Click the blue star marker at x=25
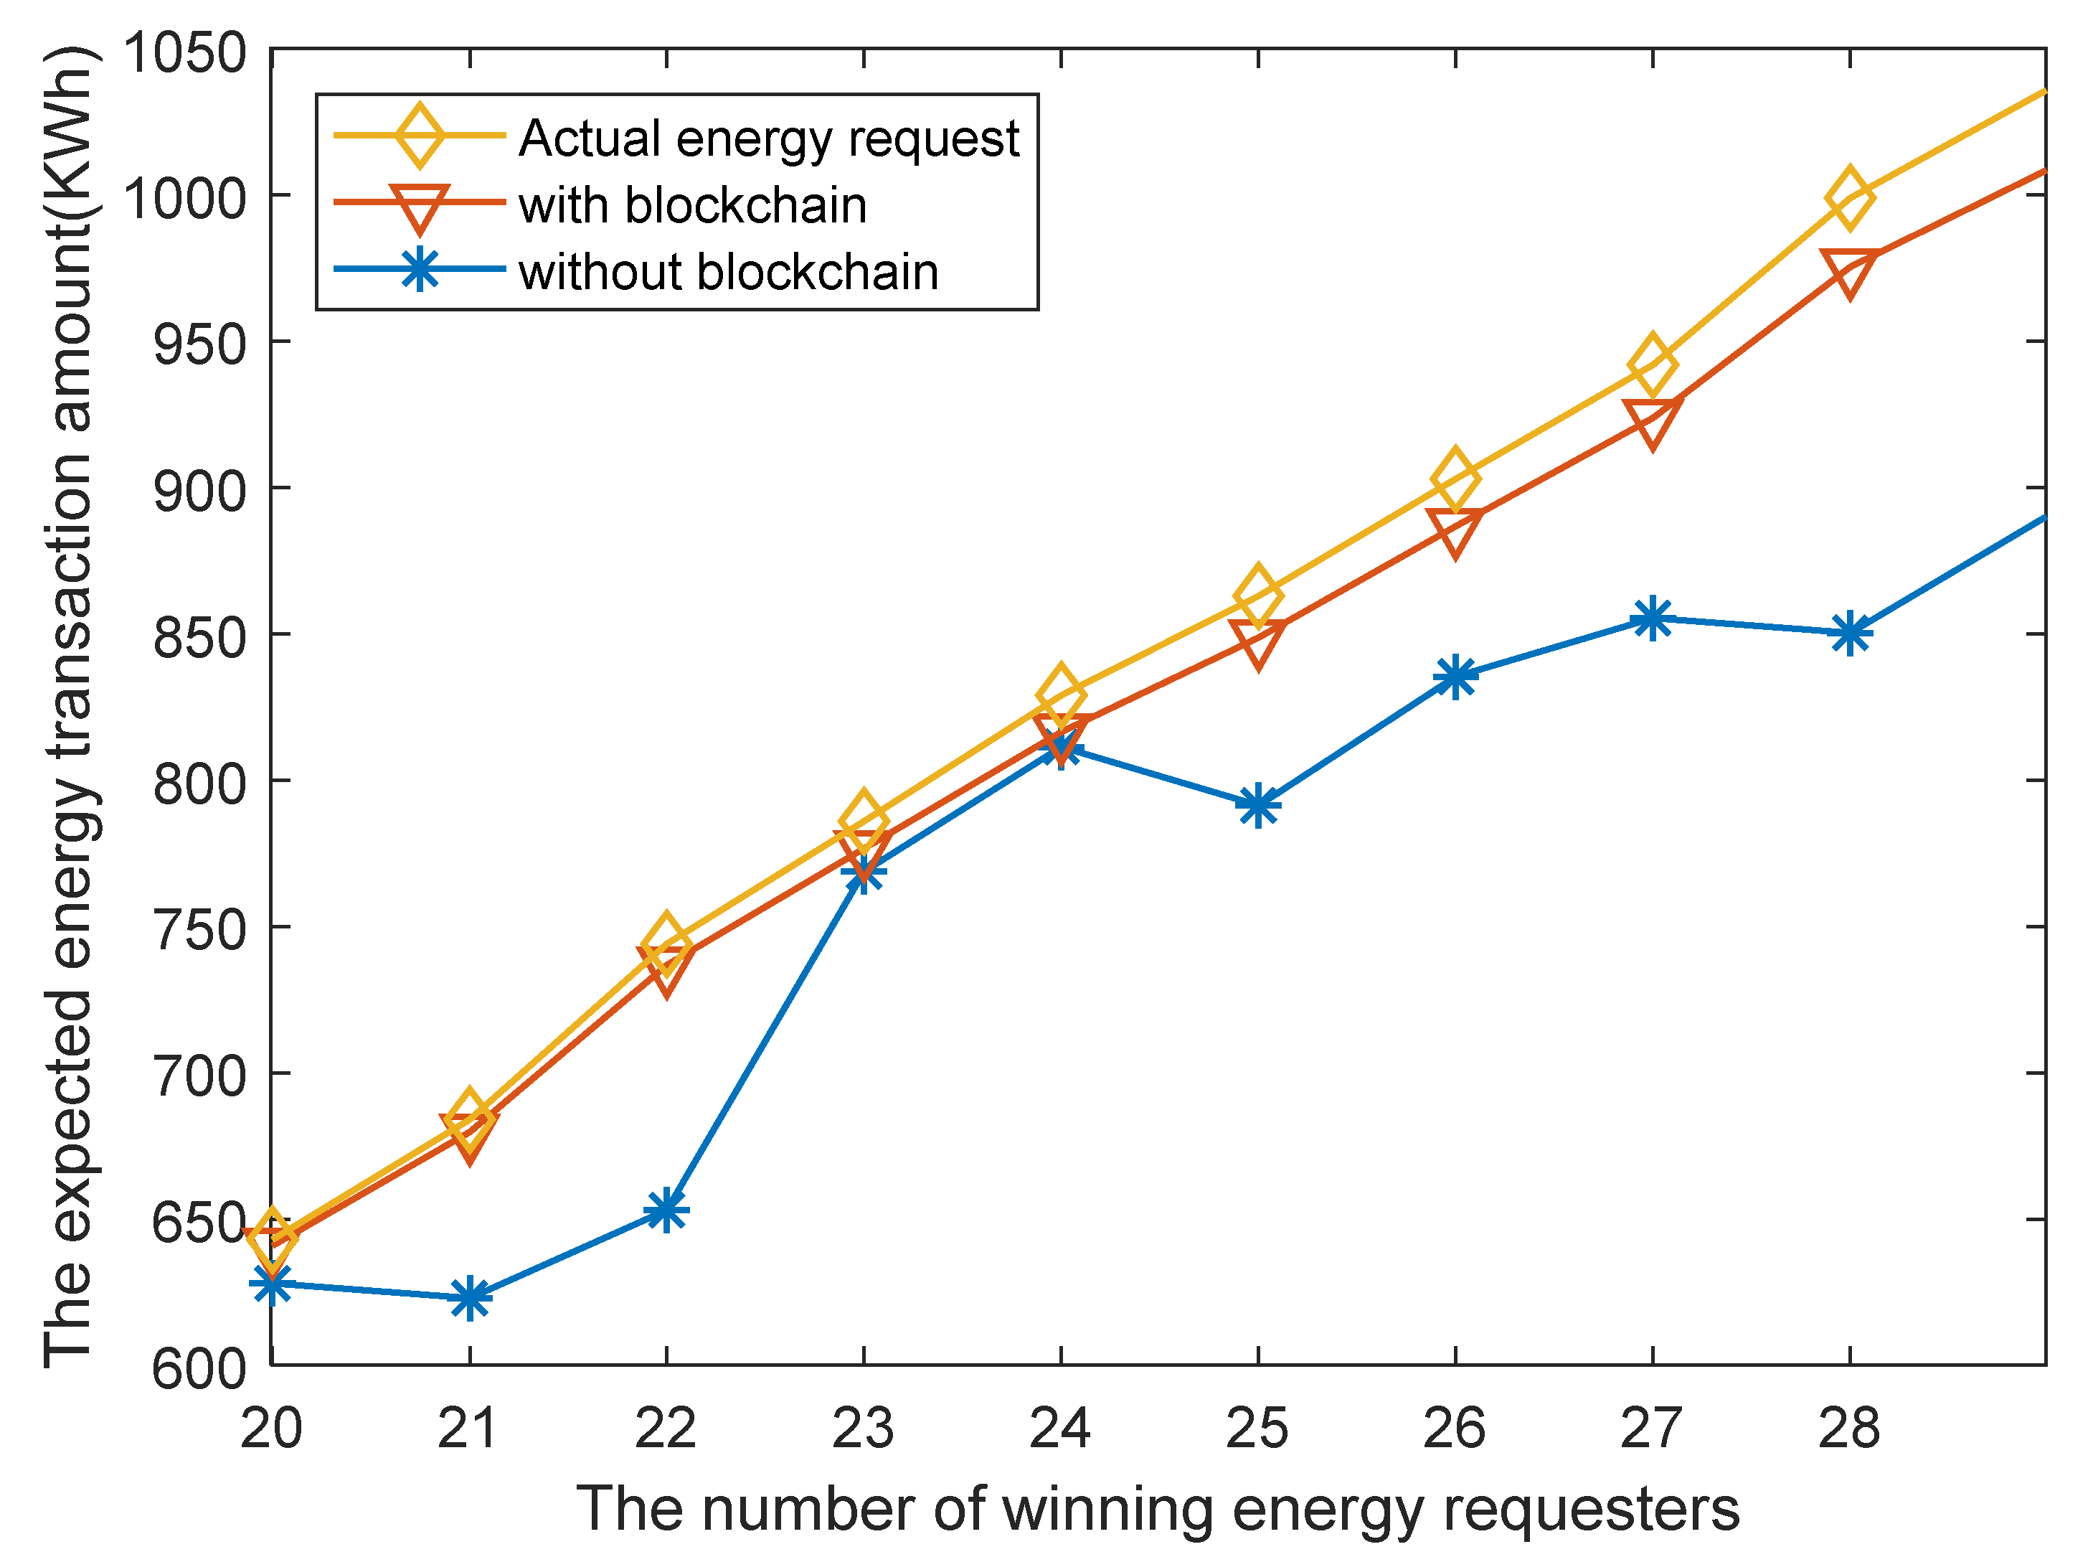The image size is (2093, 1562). [1257, 806]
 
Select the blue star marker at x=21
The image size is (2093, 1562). [469, 1297]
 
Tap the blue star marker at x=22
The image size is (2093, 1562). [666, 1210]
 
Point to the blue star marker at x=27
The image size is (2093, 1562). [1652, 619]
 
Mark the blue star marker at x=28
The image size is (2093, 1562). [1849, 633]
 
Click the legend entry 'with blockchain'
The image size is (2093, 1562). [692, 205]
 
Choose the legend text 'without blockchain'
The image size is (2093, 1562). [728, 273]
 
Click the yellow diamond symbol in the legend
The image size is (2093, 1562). [419, 136]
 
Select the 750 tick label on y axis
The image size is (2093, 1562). [199, 929]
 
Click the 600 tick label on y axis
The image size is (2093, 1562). [199, 1368]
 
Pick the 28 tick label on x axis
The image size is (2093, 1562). [1849, 1428]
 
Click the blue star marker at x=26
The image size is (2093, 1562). [1455, 677]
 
